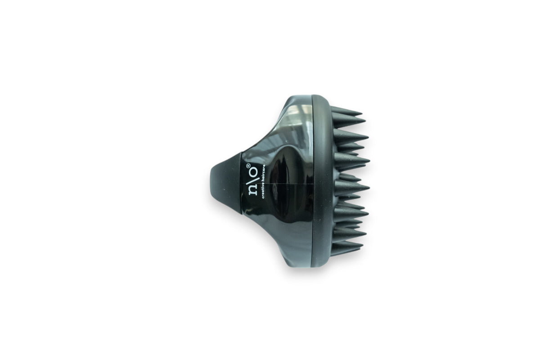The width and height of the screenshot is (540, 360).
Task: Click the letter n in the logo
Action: coord(252,190)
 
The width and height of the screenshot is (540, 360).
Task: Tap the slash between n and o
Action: coord(252,180)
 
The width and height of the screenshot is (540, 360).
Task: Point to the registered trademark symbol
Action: coord(248,166)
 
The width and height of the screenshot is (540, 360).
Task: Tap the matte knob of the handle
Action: coord(226,183)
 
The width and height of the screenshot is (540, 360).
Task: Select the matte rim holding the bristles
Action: coord(322,181)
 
